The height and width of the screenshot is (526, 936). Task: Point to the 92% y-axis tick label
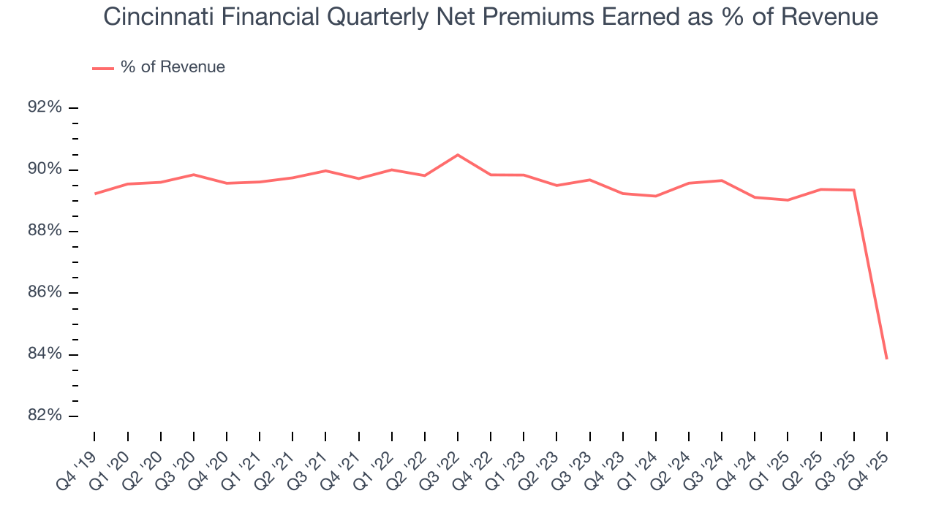45,107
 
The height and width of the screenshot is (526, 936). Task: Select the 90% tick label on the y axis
45,169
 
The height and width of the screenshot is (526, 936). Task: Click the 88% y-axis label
45,231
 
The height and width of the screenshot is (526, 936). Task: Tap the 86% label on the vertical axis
45,292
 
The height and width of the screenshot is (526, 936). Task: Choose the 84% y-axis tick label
45,354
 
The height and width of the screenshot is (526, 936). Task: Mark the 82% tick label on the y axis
45,416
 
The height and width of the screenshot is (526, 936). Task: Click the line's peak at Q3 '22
458,155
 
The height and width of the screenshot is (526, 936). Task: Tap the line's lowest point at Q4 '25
887,359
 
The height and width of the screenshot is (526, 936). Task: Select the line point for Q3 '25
854,190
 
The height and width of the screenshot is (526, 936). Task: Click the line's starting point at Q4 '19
95,194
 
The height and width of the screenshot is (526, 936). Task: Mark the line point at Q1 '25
788,200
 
